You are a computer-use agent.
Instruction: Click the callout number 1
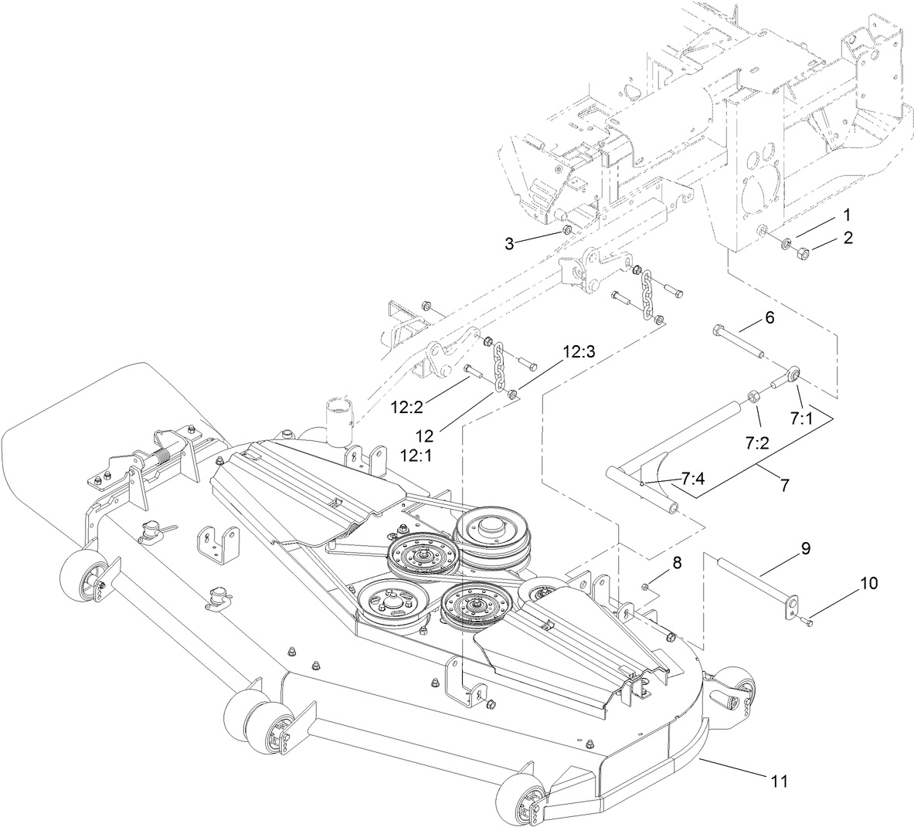click(847, 213)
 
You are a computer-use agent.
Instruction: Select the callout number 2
click(848, 239)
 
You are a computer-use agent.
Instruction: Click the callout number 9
click(804, 549)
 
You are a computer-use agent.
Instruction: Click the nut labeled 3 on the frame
click(566, 232)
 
